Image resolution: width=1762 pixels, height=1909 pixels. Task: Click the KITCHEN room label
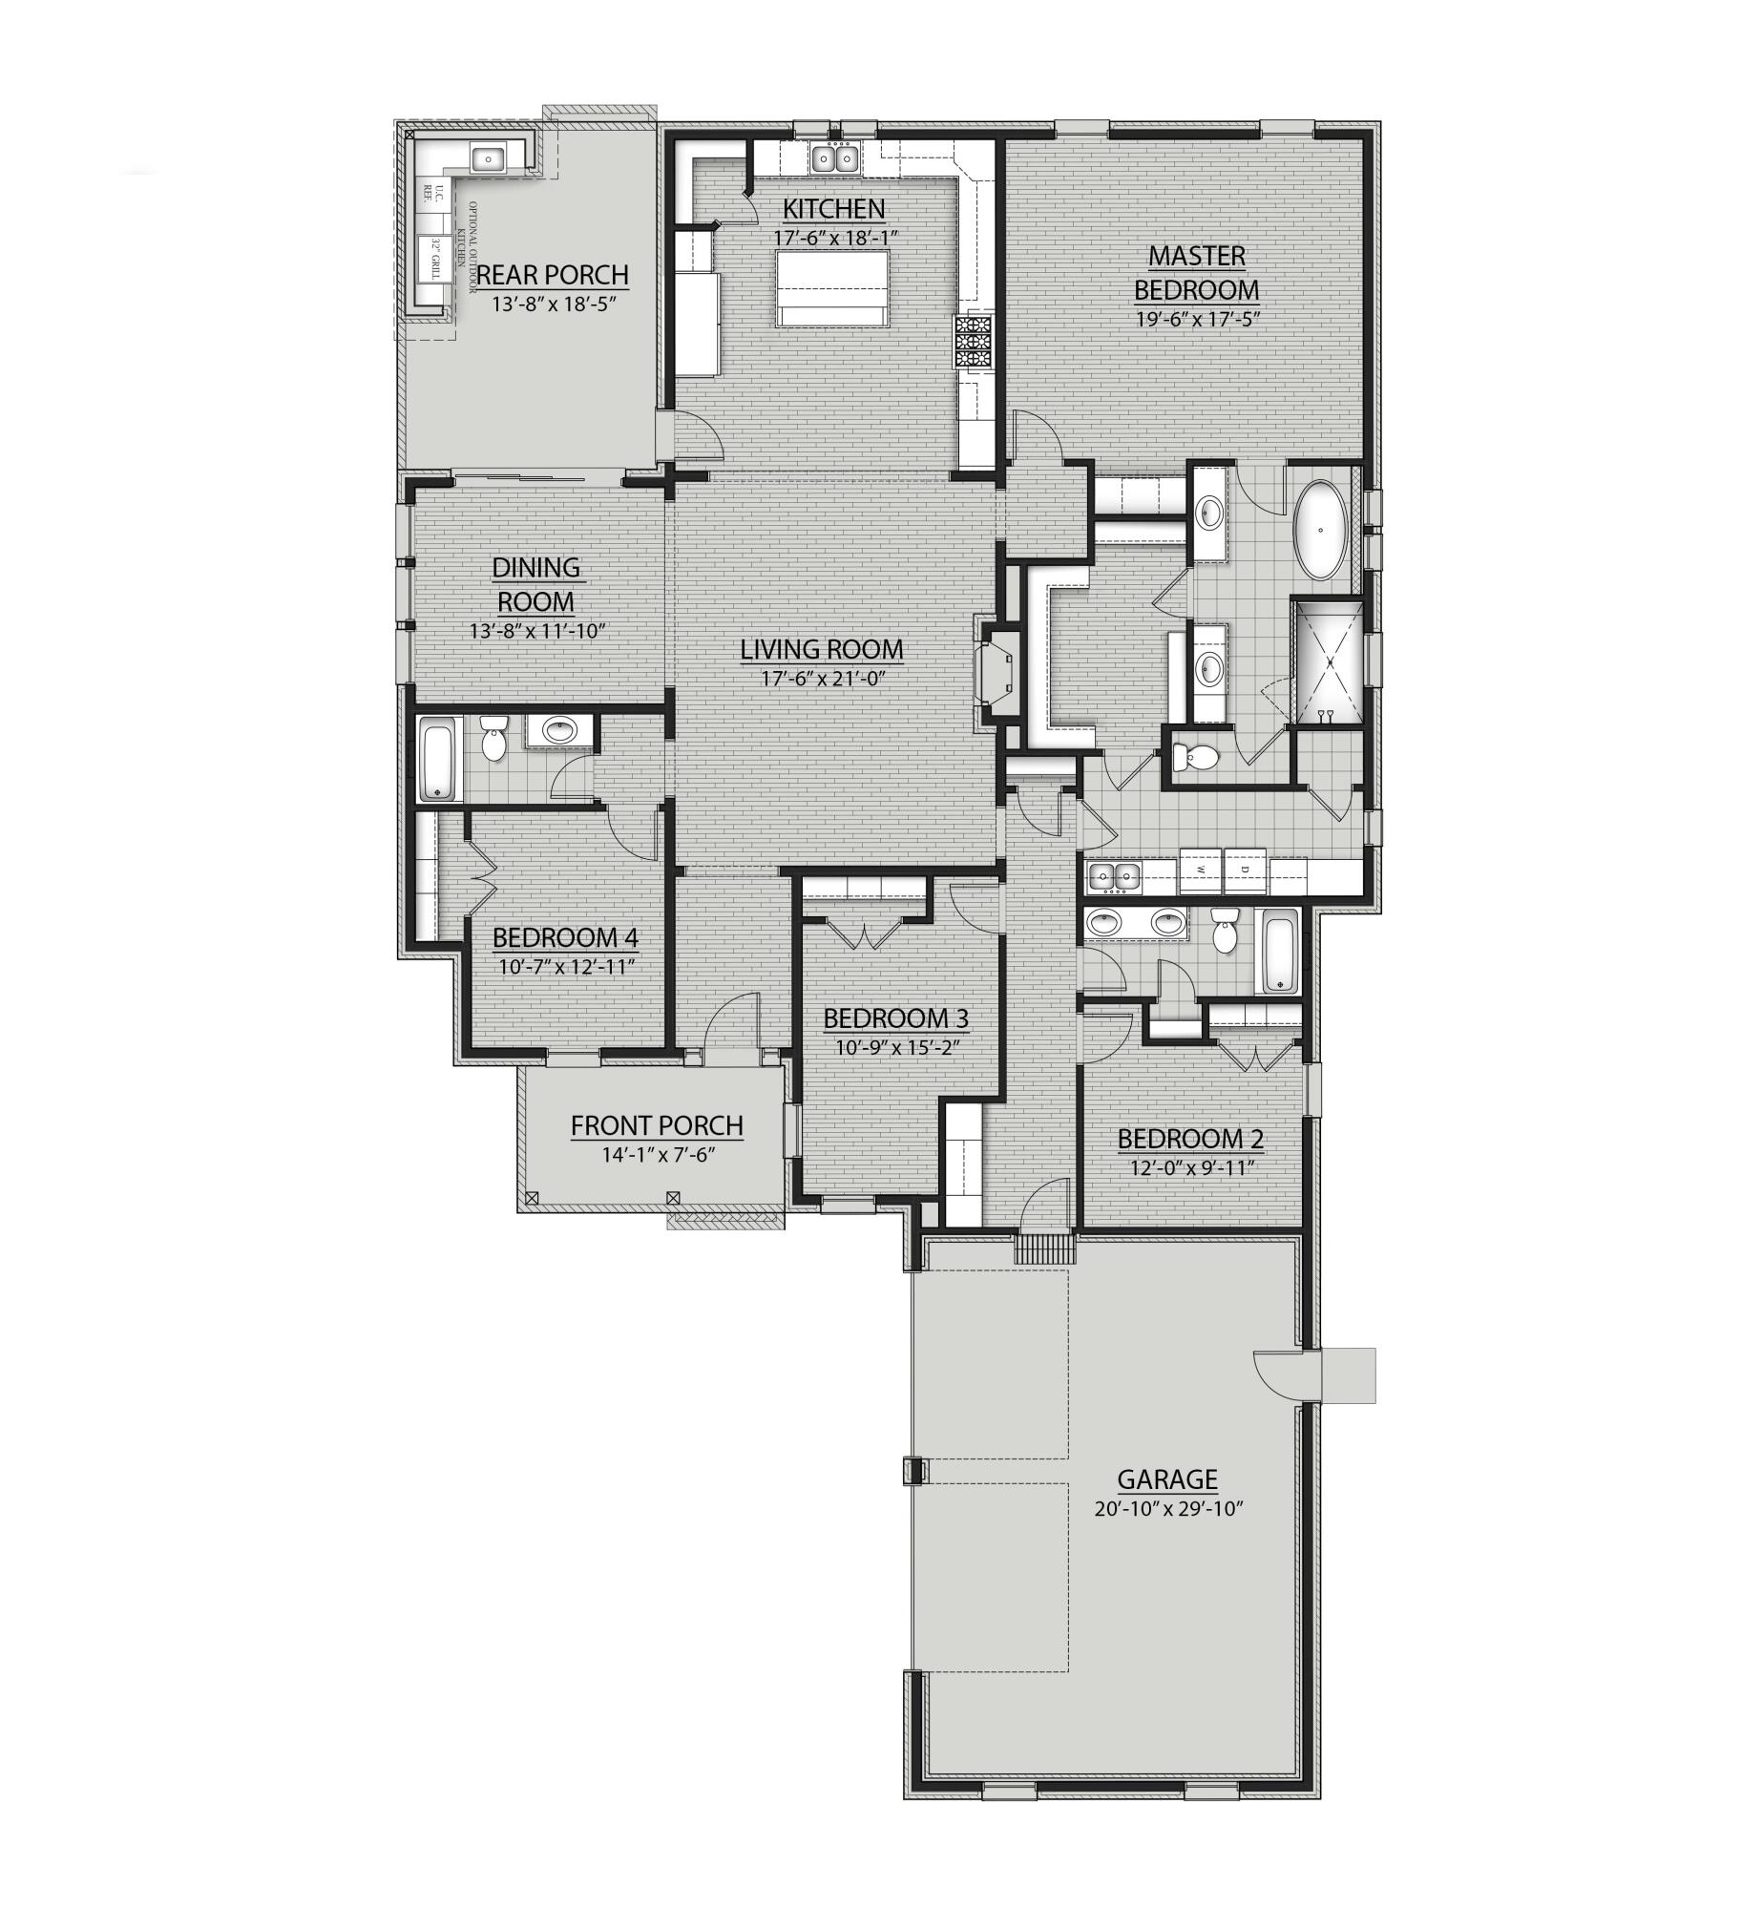(x=833, y=208)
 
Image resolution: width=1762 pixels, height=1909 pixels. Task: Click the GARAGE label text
(x=1166, y=1479)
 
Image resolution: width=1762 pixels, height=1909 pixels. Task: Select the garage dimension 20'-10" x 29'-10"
(x=1170, y=1509)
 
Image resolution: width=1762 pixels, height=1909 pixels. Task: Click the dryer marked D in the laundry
(x=1244, y=870)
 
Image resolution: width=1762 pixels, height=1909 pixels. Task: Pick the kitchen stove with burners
(x=973, y=342)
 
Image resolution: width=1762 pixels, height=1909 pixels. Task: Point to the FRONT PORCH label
(x=657, y=1126)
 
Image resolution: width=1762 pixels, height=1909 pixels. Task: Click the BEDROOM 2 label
(x=1189, y=1139)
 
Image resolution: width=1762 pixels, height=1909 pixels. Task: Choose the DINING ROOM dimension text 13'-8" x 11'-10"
(x=537, y=631)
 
